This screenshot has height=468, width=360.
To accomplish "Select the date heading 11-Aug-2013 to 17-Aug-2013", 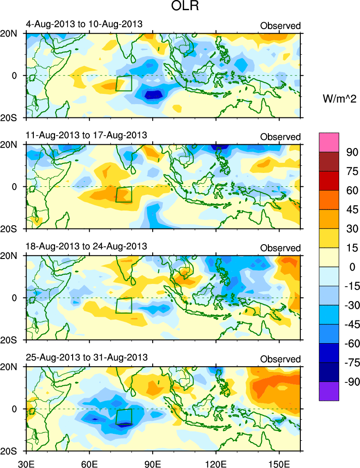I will (87, 135).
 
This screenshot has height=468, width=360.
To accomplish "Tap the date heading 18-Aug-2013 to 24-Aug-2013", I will (87, 246).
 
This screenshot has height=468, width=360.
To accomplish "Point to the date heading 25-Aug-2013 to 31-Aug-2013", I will (87, 357).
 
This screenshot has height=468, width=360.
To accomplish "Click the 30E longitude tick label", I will (25, 462).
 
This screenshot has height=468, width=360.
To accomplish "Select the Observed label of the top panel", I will (280, 26).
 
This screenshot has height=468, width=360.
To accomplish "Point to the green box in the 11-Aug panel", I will (124, 194).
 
